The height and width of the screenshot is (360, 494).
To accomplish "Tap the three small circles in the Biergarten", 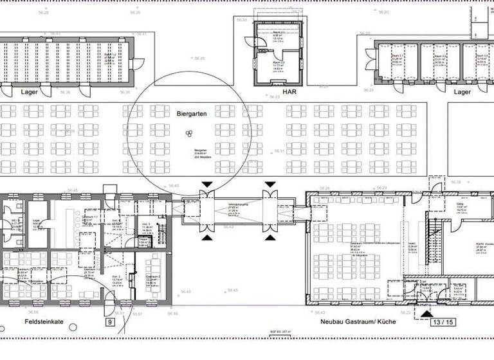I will click(x=189, y=134).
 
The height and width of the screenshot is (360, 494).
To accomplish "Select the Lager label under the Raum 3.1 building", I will click(x=461, y=92).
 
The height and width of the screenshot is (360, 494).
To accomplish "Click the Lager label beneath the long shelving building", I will click(x=30, y=92).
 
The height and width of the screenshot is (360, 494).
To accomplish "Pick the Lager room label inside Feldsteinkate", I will click(x=37, y=221).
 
